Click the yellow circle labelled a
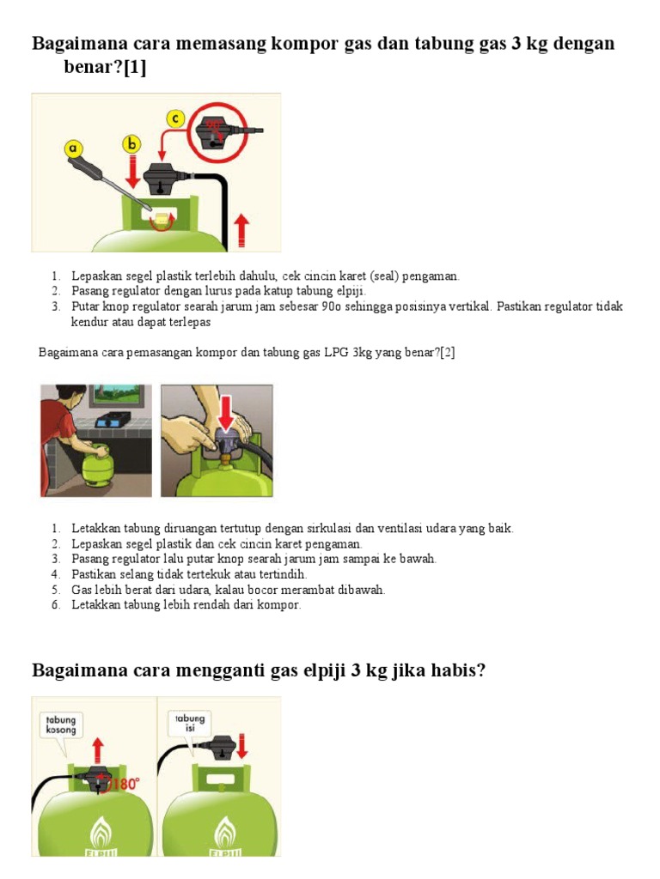point(73,149)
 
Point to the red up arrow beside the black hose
point(241,229)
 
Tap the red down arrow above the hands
point(225,409)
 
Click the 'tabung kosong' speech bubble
point(61,724)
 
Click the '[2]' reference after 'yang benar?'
point(447,353)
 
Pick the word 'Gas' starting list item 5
point(82,590)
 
